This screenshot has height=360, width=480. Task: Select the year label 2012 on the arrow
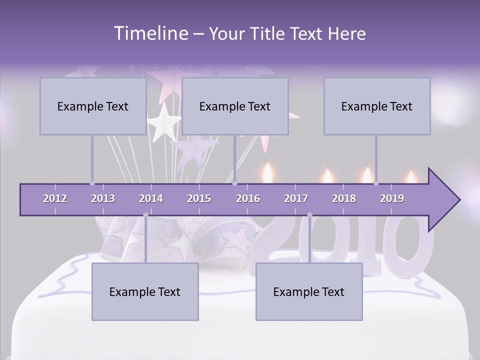pos(55,198)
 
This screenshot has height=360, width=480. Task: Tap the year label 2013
pos(103,198)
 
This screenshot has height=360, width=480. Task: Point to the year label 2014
pos(151,198)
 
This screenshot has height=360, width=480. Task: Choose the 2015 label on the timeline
pos(199,198)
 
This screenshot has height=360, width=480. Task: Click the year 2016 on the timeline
pos(248,198)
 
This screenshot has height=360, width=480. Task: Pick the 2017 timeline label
pos(296,198)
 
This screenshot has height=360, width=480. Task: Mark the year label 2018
pos(344,198)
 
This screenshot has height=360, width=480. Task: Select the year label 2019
pos(392,198)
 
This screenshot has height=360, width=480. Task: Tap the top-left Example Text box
pos(93,106)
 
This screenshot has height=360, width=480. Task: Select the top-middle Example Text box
pos(235,106)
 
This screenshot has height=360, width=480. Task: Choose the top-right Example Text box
pos(377,106)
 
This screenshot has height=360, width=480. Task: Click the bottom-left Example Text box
pos(145,291)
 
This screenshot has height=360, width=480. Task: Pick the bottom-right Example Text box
pos(309,291)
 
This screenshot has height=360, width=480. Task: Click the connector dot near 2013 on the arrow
pos(92,183)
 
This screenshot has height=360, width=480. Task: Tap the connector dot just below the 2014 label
pos(145,215)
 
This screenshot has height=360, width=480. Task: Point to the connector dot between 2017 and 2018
pos(309,215)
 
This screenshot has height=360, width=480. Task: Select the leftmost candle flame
pos(268,172)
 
